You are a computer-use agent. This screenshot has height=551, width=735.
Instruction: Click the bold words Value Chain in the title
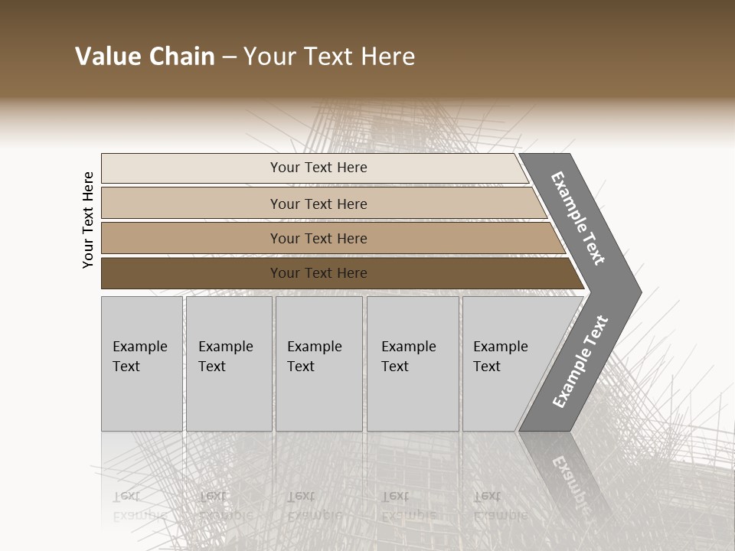145,57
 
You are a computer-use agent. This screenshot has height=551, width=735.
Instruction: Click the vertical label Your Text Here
88,220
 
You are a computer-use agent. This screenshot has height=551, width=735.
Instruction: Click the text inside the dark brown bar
318,273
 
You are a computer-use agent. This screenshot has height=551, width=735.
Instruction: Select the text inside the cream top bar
318,168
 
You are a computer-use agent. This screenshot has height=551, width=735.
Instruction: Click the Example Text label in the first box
139,357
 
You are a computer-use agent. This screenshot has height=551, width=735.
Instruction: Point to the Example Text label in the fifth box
500,357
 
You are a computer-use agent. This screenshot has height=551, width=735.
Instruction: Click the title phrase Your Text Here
329,57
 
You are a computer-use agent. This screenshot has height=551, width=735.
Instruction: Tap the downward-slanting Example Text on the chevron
579,219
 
